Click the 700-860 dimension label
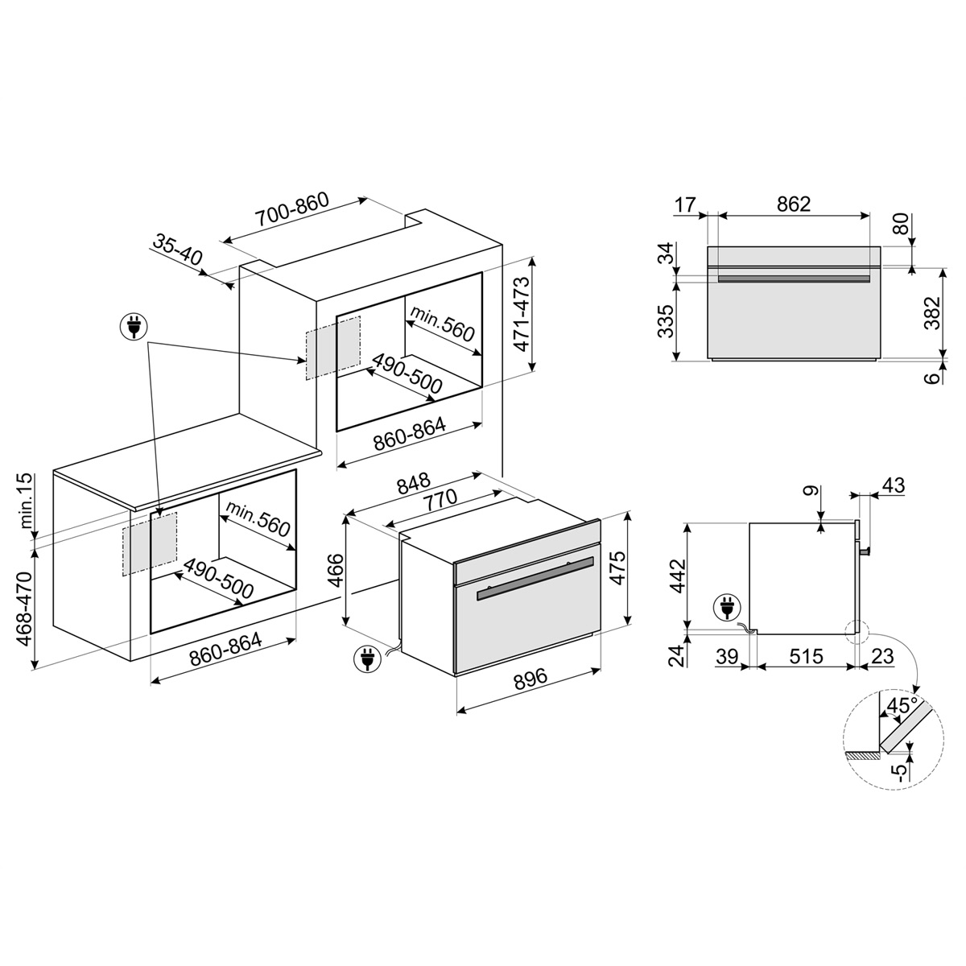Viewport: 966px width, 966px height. (x=291, y=208)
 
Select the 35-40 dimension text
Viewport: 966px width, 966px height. (x=177, y=249)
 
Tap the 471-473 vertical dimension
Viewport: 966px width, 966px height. (x=522, y=314)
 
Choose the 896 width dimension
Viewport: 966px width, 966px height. (x=530, y=679)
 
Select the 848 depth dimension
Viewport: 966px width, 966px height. (x=414, y=483)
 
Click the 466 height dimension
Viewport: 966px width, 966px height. (x=335, y=571)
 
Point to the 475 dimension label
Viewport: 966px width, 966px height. (x=618, y=568)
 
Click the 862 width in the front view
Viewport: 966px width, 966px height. (x=794, y=204)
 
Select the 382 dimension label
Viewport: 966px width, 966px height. (x=932, y=313)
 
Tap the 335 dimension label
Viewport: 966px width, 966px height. (x=666, y=321)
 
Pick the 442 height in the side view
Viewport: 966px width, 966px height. (x=678, y=576)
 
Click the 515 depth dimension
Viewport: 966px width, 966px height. (x=806, y=656)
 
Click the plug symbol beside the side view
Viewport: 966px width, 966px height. (x=726, y=608)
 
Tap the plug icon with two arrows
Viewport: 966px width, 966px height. (x=134, y=326)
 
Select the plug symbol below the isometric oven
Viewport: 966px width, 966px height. (x=367, y=658)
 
